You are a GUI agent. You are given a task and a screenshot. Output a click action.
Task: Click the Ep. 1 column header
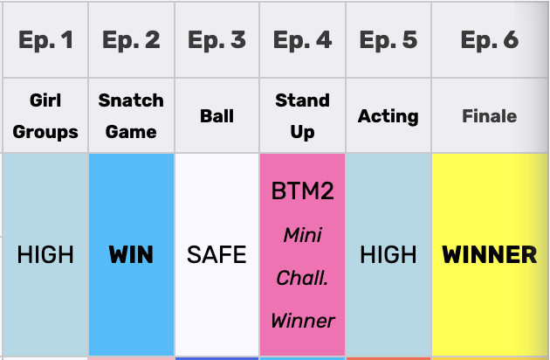click(45, 39)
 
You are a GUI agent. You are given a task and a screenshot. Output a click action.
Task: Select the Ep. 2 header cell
click(131, 39)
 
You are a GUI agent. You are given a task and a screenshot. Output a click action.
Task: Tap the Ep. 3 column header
click(217, 39)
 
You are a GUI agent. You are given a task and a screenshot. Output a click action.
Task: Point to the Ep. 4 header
click(302, 39)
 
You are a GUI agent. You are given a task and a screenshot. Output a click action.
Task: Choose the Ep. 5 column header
click(388, 39)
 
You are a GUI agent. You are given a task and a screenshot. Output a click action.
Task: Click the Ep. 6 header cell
click(490, 39)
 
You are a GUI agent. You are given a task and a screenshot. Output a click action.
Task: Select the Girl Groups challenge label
click(45, 116)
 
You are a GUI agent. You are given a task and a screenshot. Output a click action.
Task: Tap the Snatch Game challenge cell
click(131, 116)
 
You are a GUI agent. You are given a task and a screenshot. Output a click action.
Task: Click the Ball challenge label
click(217, 116)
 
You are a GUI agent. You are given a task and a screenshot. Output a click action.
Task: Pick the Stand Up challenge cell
click(302, 116)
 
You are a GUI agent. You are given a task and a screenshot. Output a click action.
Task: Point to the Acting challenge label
click(388, 116)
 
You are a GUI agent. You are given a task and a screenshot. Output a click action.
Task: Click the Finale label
click(490, 116)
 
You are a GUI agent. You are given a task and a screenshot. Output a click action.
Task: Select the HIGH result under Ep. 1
click(45, 254)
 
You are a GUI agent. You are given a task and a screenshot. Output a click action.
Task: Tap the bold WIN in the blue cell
click(131, 254)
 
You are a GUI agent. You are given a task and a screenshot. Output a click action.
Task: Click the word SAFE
click(217, 254)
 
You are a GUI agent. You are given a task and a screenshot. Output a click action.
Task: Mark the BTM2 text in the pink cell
click(302, 191)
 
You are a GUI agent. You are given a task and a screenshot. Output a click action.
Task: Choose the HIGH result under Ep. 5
click(388, 254)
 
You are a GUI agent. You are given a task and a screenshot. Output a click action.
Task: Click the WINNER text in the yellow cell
click(490, 254)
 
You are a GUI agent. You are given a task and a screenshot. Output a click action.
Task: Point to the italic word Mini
click(302, 235)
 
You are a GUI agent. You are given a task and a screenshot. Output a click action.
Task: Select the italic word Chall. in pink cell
click(302, 278)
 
